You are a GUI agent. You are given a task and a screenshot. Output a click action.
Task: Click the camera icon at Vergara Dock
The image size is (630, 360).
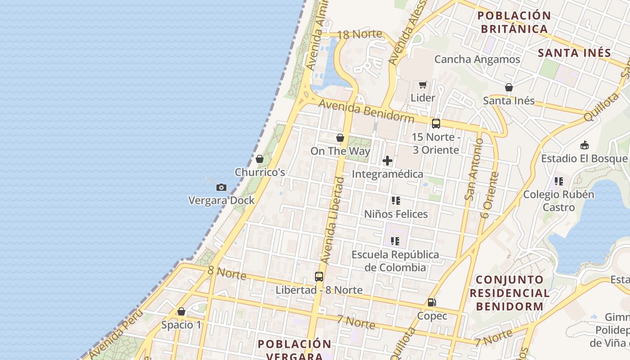[221, 188]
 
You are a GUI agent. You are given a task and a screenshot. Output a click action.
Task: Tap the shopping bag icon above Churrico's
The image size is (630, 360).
[259, 159]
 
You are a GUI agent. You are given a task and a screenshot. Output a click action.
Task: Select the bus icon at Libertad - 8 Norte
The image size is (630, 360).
[319, 277]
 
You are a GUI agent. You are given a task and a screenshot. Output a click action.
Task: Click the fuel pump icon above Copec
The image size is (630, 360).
[432, 302]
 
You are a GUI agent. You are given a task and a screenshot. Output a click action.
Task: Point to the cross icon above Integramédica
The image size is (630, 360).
[387, 161]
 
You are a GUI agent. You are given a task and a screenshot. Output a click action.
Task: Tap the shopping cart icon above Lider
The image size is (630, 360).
[423, 85]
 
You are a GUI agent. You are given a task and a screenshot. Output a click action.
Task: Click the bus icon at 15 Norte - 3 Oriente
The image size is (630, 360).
[436, 124]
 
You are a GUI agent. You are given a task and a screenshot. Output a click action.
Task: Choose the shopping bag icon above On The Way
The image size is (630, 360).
[340, 138]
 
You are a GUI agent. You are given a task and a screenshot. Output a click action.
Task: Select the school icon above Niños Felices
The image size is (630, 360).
[396, 201]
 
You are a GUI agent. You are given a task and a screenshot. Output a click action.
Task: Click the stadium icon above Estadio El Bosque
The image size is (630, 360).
[584, 145]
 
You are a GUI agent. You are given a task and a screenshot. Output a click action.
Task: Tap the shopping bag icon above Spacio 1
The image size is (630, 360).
[181, 311]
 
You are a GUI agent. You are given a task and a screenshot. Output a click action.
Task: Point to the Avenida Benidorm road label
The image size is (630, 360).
[366, 111]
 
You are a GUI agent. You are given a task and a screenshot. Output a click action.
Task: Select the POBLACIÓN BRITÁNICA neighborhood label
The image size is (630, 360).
[514, 22]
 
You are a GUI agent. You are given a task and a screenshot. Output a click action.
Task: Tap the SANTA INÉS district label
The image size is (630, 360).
[574, 53]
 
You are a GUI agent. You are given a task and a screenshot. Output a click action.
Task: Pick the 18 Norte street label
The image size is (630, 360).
[359, 34]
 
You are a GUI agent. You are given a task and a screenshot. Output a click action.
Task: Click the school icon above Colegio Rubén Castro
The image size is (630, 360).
[558, 181]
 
